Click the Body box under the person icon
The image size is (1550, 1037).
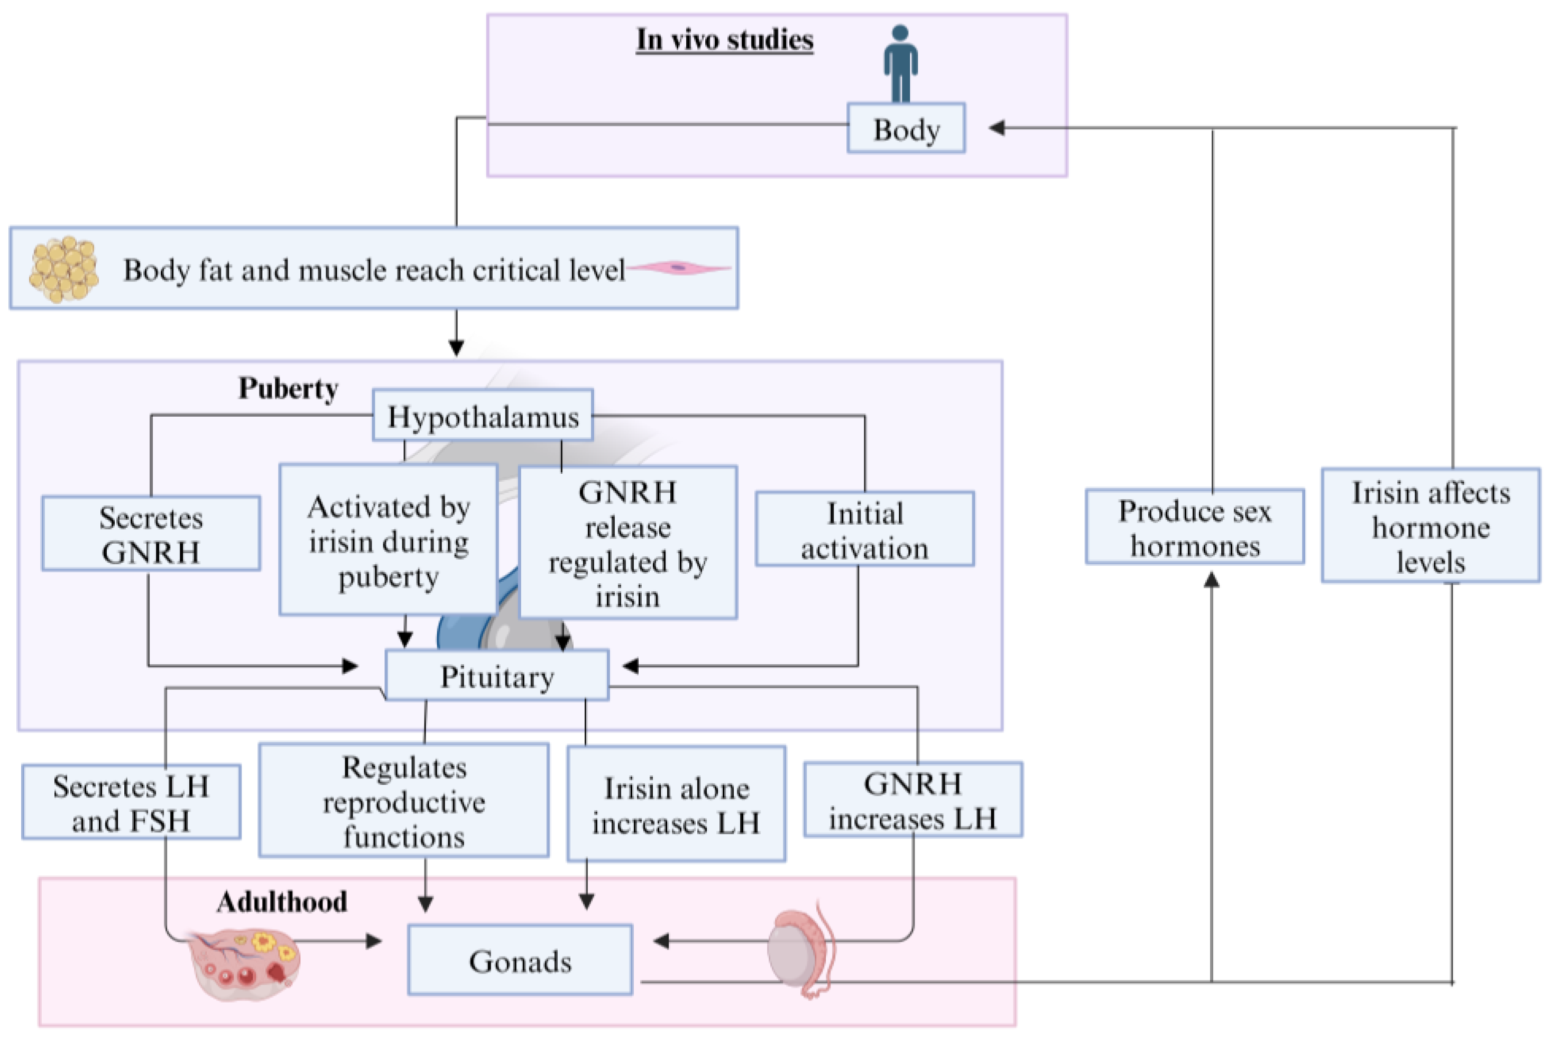[906, 129]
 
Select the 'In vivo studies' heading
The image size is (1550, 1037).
[724, 40]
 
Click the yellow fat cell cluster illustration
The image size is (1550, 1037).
[64, 269]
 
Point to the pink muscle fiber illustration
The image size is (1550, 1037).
[679, 268]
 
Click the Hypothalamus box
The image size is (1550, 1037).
[483, 416]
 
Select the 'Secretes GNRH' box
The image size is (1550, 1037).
[151, 534]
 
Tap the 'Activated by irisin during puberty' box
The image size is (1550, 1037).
[388, 540]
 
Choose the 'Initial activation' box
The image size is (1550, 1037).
[864, 529]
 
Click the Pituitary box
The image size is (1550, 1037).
[496, 675]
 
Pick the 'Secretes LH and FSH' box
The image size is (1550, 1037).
[131, 802]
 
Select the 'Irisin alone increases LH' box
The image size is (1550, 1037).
[676, 804]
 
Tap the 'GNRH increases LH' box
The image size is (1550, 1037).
[913, 800]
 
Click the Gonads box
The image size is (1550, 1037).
[520, 960]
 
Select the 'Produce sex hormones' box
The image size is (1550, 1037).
[1194, 527]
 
